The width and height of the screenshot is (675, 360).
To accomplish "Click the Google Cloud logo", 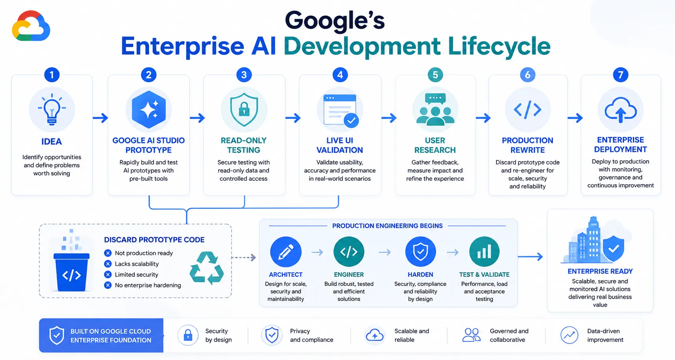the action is coord(31,26).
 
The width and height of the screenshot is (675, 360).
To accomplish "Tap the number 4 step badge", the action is coord(340,75).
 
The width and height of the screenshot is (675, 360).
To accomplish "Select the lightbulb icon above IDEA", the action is coord(52,110).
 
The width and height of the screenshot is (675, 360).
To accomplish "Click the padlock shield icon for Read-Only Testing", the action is coord(244,110).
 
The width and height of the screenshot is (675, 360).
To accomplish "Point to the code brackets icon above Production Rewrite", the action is coord(528,110).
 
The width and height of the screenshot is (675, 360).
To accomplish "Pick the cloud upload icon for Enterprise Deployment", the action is coord(621,110).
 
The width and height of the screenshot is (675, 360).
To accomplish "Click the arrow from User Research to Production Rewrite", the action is coord(483,118).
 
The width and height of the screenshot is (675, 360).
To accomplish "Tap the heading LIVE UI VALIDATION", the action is coord(340,145).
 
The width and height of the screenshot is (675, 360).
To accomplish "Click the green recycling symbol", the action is coord(207,268).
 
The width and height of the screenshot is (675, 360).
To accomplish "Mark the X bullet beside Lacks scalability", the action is coord(108,264).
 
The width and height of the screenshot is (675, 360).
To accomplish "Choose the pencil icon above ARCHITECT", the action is coord(286,252).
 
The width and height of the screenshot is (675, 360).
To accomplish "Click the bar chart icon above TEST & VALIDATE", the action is coord(484,252).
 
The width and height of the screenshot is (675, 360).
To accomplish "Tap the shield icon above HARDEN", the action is coord(420,252).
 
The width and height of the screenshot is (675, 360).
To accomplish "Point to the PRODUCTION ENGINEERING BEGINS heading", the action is coord(387,226).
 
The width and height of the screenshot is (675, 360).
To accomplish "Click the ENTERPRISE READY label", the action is coord(600,271).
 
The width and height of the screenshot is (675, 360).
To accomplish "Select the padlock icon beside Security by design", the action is coord(188,335).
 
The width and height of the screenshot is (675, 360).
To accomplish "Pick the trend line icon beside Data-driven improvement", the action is coord(569,335).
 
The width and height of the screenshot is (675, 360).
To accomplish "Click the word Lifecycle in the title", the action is coord(499,46).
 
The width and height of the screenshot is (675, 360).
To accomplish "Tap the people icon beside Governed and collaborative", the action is coord(471,335).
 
